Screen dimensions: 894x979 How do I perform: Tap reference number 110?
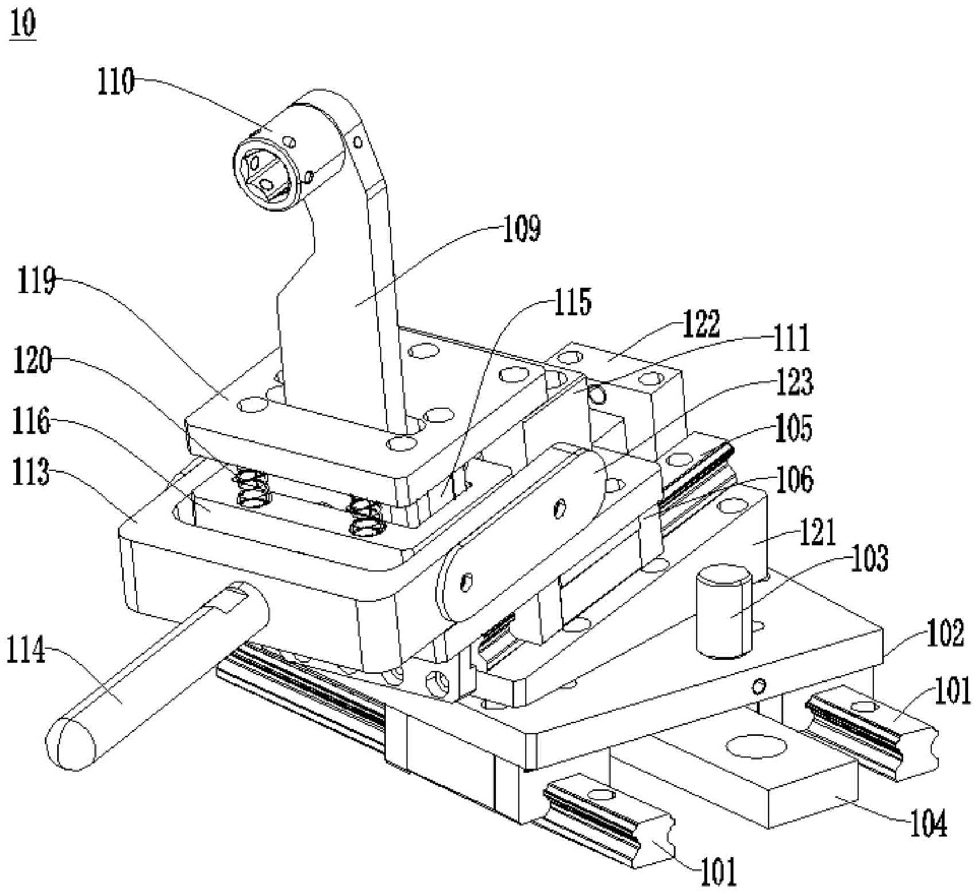(x=115, y=82)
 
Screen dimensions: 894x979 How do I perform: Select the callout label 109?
(x=522, y=229)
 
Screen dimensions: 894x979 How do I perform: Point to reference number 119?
(x=36, y=281)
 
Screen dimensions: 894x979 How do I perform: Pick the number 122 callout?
(x=701, y=324)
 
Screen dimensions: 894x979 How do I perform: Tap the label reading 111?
(x=791, y=338)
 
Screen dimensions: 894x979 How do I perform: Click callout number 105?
(x=793, y=428)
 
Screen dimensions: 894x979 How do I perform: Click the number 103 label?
(x=869, y=558)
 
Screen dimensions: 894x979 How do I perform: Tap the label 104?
(x=928, y=825)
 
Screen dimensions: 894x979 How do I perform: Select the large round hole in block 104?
(x=756, y=746)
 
